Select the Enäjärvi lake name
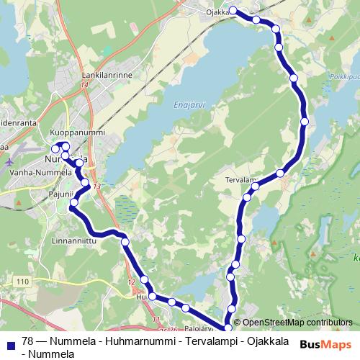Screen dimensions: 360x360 tap(189, 104)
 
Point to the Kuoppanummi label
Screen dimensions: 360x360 tap(78, 133)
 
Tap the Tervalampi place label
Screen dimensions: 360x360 tap(240, 179)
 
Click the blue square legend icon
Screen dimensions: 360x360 tap(9, 342)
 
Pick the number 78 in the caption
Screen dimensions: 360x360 tap(27, 341)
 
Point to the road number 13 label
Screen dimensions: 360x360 tap(97, 186)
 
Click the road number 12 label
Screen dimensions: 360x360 tap(130, 282)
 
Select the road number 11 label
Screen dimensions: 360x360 tap(156, 319)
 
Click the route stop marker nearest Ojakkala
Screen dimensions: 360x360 tap(233, 10)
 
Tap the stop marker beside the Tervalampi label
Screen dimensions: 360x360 tap(280, 173)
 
